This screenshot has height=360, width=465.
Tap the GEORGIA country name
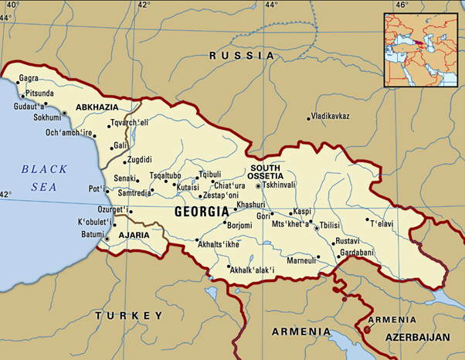(202, 211)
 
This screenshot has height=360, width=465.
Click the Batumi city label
(92, 234)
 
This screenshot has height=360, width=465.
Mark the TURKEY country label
(128, 315)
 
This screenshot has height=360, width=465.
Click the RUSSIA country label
(243, 56)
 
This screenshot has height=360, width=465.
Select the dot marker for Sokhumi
(65, 114)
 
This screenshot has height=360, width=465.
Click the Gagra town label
(29, 80)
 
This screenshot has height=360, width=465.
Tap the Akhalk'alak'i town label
(255, 270)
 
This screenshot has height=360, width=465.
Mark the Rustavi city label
(348, 241)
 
